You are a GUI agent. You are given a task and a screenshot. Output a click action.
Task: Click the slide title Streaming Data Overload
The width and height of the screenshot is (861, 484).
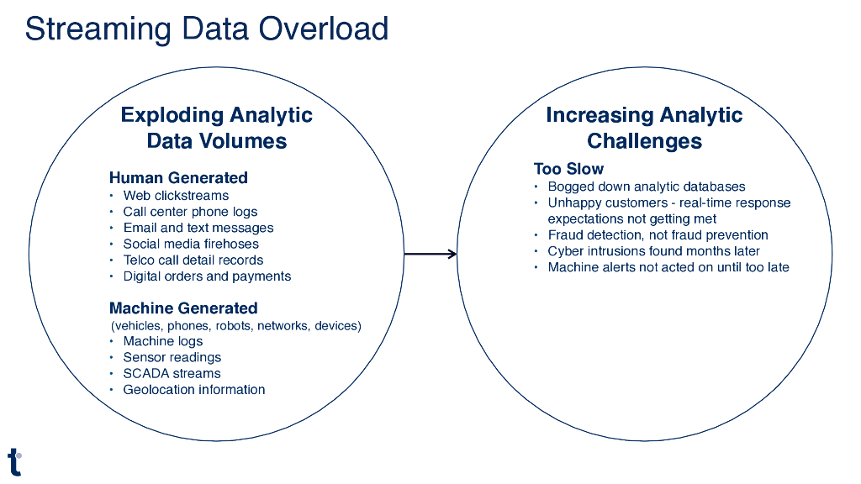[206, 29]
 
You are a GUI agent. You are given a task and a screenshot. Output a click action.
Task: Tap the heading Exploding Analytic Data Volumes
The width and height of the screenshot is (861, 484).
[217, 128]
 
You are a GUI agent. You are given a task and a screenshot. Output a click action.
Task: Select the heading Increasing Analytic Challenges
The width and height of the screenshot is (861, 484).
[644, 128]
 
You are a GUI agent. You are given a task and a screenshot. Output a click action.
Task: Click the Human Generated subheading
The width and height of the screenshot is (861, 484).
[178, 177]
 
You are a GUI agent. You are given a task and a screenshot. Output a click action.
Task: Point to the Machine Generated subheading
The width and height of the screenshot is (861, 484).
[183, 308]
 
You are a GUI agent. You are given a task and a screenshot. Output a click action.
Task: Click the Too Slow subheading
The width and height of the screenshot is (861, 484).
[568, 169]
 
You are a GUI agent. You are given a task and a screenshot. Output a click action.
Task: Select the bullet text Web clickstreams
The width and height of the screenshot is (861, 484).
[176, 196]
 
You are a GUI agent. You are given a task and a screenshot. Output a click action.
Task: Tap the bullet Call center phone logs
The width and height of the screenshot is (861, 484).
[190, 212]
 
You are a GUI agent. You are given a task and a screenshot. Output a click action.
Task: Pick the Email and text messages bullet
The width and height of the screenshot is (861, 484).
[198, 228]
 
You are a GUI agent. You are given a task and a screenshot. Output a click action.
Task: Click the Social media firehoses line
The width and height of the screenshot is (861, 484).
[191, 244]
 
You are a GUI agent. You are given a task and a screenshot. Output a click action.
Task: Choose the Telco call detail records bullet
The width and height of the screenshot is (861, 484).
[193, 260]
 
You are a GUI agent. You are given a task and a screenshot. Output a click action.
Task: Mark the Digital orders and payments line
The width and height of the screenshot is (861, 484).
[207, 276]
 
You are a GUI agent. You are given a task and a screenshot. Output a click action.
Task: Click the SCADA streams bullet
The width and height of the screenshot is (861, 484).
[172, 373]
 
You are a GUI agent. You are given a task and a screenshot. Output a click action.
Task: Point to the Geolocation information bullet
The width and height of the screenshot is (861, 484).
[194, 389]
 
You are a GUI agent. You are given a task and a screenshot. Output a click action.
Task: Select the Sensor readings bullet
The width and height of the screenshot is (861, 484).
[172, 357]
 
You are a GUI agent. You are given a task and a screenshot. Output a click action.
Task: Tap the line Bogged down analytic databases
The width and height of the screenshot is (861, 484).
[647, 187]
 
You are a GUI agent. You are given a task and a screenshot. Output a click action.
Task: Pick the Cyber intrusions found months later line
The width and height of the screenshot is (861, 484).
[653, 251]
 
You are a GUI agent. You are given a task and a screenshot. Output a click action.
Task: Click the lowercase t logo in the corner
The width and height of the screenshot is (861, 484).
[14, 461]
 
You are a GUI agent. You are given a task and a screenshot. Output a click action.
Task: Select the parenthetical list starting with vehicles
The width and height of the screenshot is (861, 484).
[236, 325]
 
